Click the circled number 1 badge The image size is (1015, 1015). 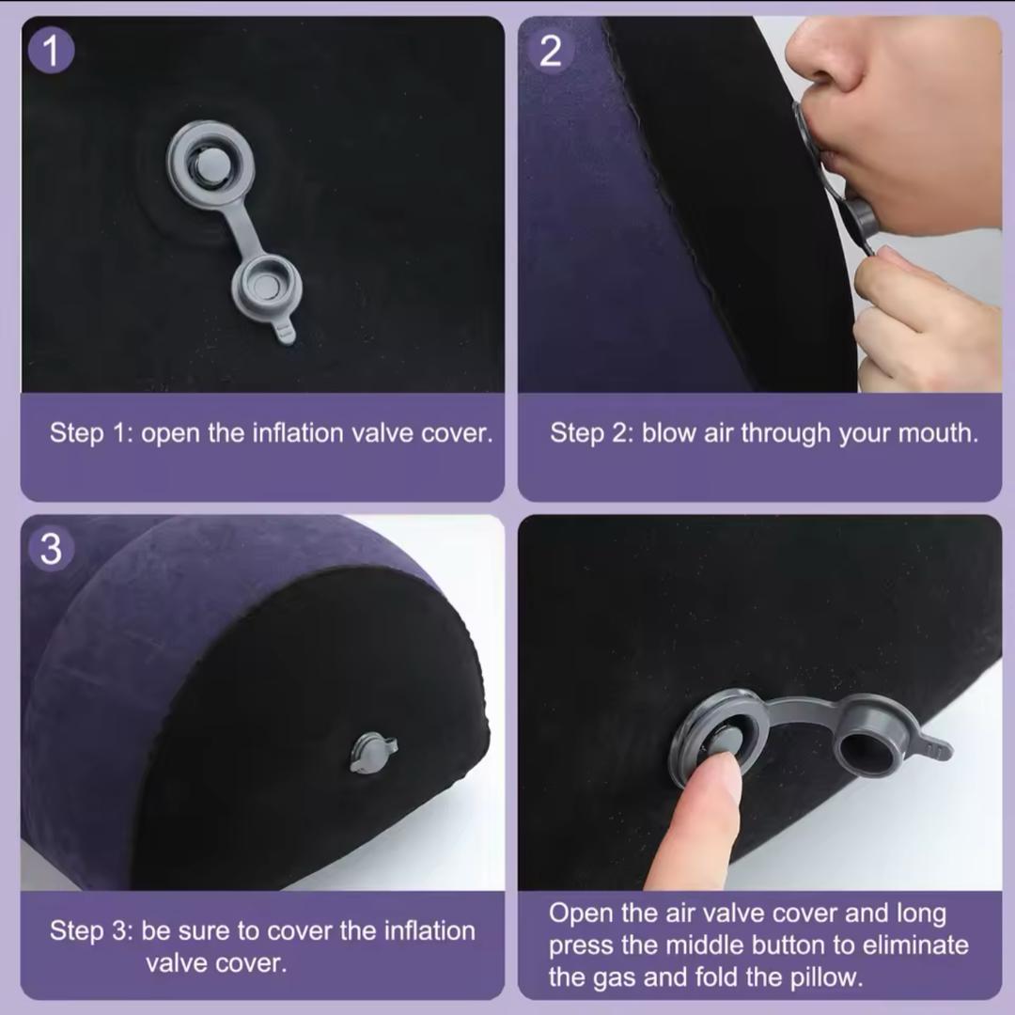pyautogui.click(x=51, y=51)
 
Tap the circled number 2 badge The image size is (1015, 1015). pyautogui.click(x=550, y=51)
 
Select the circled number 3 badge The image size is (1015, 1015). pyautogui.click(x=51, y=549)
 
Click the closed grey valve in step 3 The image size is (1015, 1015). pyautogui.click(x=373, y=752)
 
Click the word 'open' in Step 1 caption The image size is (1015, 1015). pyautogui.click(x=170, y=433)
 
